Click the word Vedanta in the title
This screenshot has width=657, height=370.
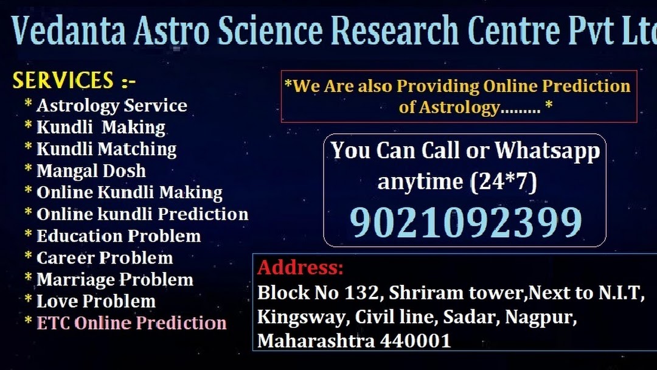pos(69,30)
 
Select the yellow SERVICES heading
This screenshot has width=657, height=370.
pos(63,80)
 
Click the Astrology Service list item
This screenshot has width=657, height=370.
pos(112,106)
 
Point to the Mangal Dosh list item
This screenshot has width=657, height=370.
pos(91,171)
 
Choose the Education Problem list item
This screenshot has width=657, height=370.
pos(119,236)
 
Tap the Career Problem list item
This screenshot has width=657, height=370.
pos(105,257)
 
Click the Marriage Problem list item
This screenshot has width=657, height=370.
pos(115,279)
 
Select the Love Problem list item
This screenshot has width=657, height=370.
pos(96,301)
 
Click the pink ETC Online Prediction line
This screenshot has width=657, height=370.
pos(131,323)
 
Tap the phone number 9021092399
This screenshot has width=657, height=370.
pos(465,223)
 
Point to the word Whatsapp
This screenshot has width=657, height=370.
pos(547,152)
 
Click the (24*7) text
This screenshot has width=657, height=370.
pos(503,182)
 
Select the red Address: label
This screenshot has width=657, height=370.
pos(301,267)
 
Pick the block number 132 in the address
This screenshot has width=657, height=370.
pos(361,293)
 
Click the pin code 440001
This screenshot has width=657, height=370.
pos(415,341)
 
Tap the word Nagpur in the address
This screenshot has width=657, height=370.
pos(541,317)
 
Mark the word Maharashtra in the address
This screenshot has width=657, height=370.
pos(316,341)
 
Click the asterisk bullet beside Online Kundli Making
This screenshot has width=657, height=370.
pos(28,190)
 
